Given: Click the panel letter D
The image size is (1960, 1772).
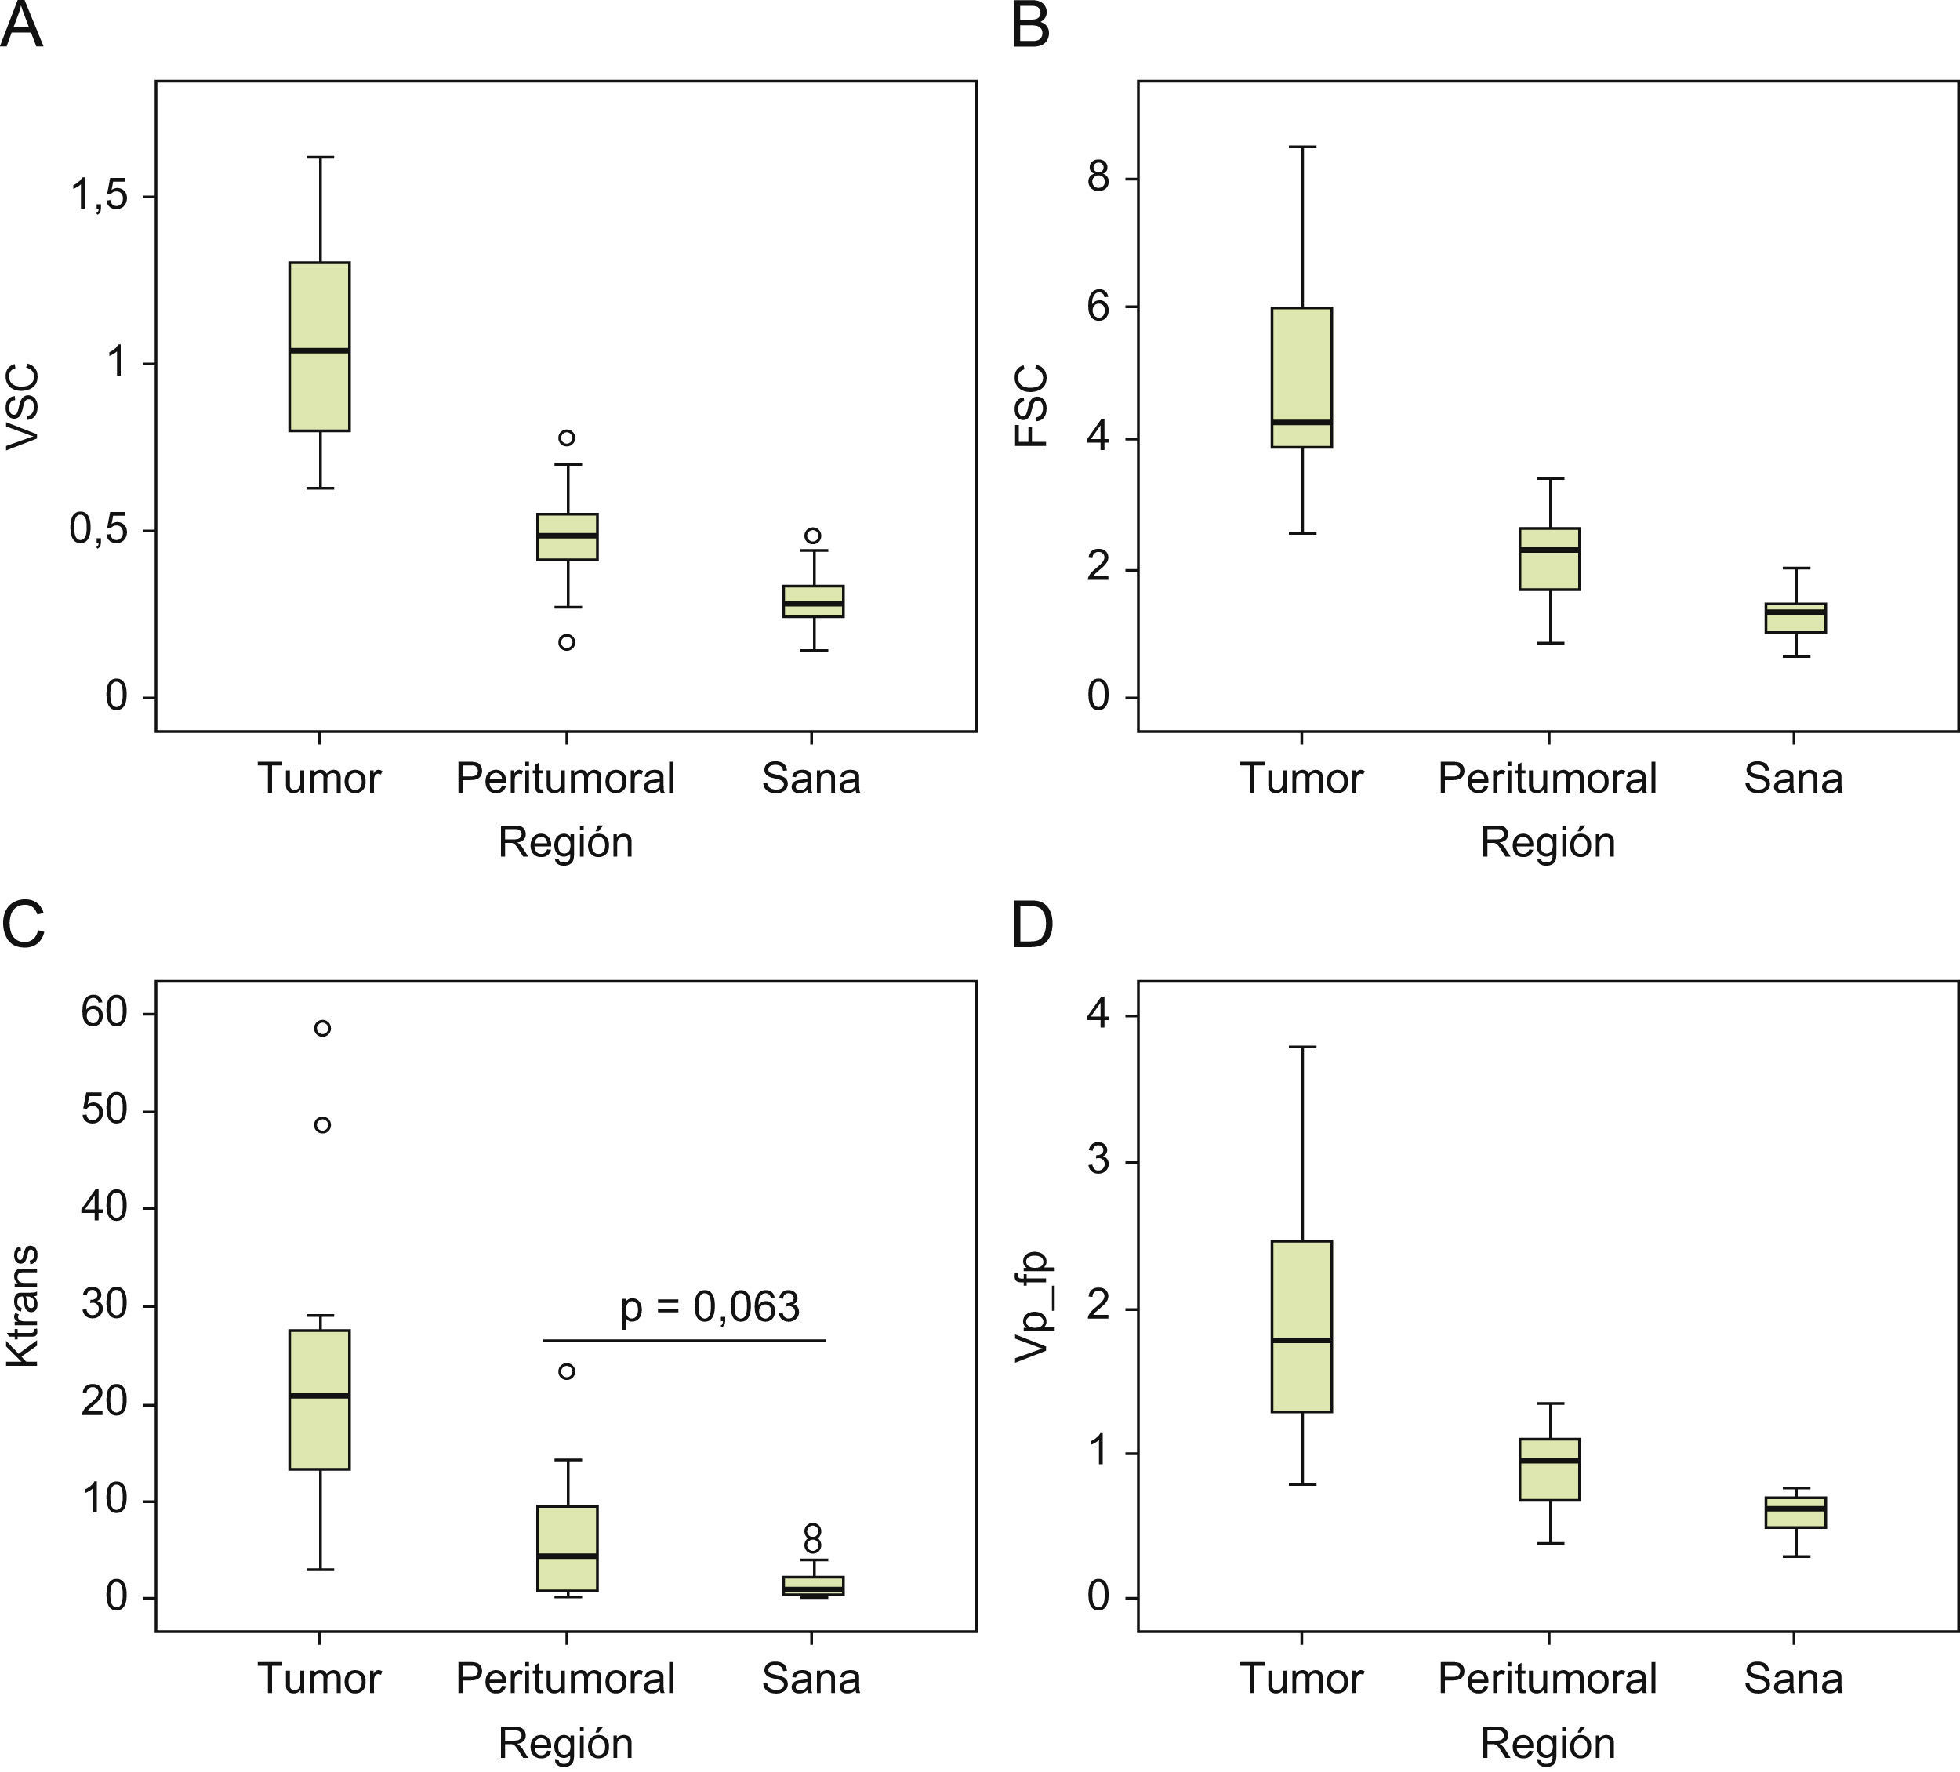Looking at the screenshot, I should [1033, 926].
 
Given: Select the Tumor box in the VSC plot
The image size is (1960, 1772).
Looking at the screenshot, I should [320, 347].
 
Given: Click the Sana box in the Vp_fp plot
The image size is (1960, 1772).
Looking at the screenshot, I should [1795, 1512].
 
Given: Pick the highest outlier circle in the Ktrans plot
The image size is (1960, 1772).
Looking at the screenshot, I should [323, 1028].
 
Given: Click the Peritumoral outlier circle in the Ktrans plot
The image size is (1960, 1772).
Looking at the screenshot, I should [567, 1371].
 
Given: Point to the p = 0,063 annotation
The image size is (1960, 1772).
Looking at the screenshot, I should [710, 1307].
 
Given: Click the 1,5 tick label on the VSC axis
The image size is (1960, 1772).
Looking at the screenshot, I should [99, 195].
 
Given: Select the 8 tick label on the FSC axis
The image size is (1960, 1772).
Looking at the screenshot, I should [1098, 179].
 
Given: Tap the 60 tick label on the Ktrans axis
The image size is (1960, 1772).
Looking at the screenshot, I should [105, 1012].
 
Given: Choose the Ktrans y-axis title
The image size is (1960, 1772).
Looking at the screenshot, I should [23, 1306].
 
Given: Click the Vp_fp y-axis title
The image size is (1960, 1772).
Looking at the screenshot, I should [1033, 1306].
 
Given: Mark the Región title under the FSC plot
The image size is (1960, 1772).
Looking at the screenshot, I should [1548, 842].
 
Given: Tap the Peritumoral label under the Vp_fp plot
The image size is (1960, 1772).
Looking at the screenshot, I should [1548, 1679].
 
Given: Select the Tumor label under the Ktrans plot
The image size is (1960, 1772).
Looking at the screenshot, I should [319, 1679].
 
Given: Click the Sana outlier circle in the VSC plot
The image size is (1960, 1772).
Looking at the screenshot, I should [813, 536].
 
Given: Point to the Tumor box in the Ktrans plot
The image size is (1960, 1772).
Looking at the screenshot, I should [320, 1400].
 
